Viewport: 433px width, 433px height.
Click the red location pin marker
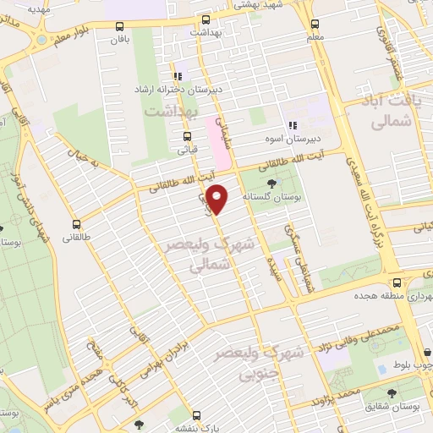218,198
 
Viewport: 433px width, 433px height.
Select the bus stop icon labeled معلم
315,24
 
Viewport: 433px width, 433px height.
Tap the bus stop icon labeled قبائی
187,135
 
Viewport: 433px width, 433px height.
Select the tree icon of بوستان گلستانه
271,184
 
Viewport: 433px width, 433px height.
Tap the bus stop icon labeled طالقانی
78,225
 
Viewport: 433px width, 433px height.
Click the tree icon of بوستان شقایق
391,393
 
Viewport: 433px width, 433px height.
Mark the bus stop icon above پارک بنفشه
196,415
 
